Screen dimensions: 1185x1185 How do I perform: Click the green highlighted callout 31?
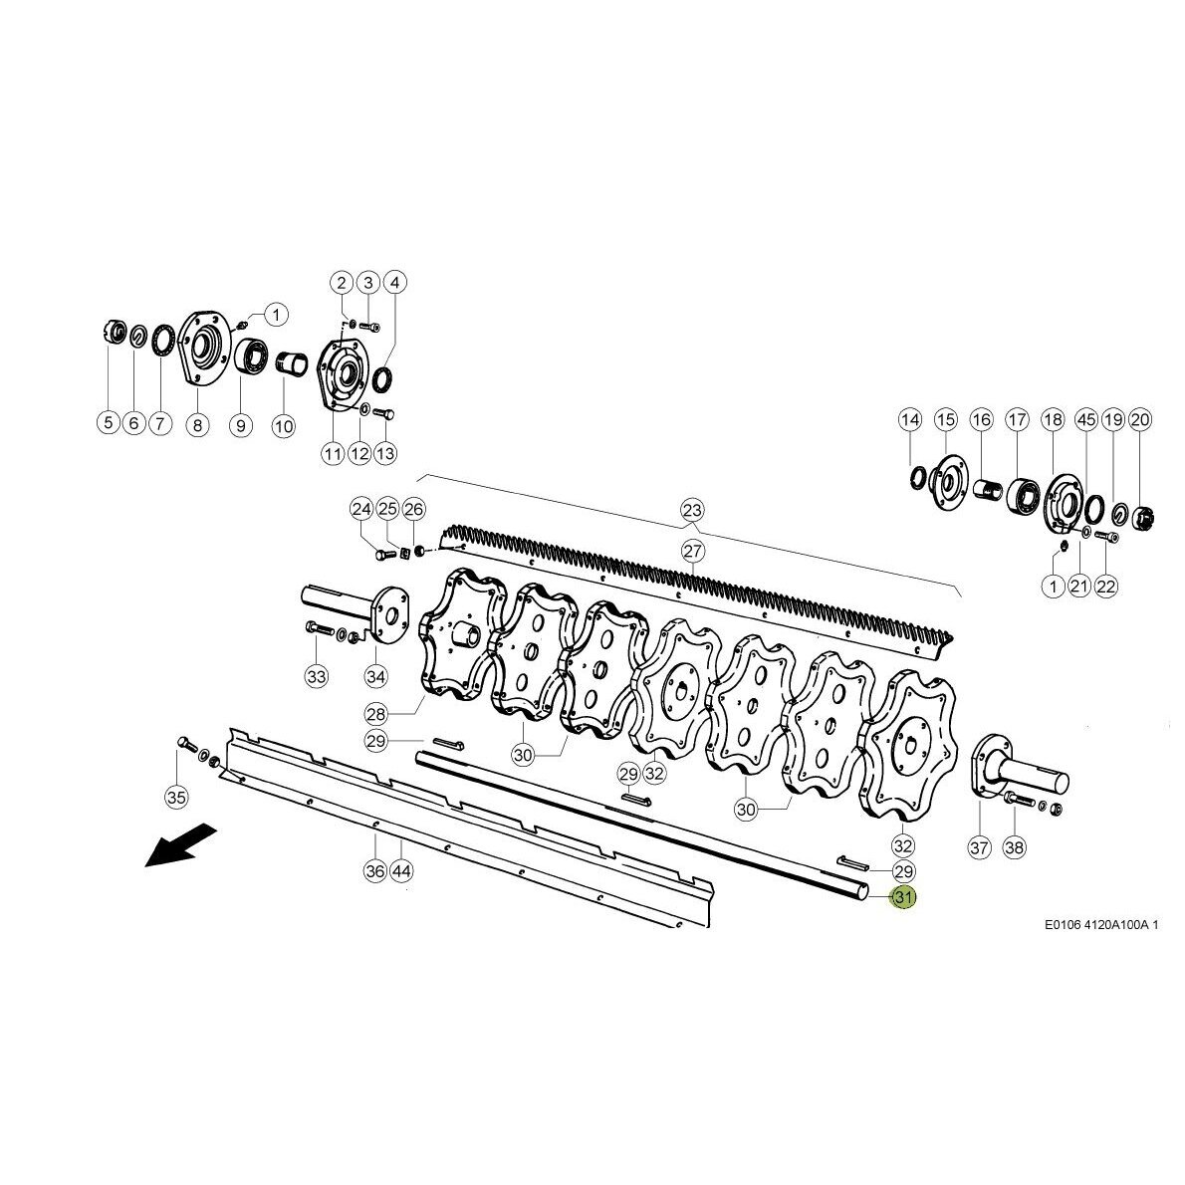(x=904, y=897)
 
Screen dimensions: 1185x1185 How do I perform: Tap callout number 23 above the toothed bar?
(x=692, y=510)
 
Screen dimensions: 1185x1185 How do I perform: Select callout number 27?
(x=692, y=550)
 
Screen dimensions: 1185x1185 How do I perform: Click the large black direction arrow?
(x=180, y=845)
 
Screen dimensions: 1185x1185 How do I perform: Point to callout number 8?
(x=197, y=425)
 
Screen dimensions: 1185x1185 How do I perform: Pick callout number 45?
(x=1086, y=419)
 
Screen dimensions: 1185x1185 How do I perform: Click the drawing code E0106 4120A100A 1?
(x=1101, y=924)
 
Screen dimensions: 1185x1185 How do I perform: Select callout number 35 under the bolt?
(x=176, y=797)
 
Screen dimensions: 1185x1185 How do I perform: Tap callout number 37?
(x=980, y=847)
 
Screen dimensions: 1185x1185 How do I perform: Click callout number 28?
(x=375, y=713)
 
